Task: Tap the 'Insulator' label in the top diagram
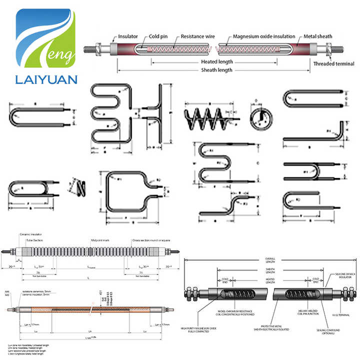point(128,36)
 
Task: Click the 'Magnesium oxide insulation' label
point(264,36)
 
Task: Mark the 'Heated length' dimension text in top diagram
point(216,62)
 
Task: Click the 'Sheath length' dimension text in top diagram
point(216,70)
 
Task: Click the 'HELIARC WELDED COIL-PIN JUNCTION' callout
point(302,311)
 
